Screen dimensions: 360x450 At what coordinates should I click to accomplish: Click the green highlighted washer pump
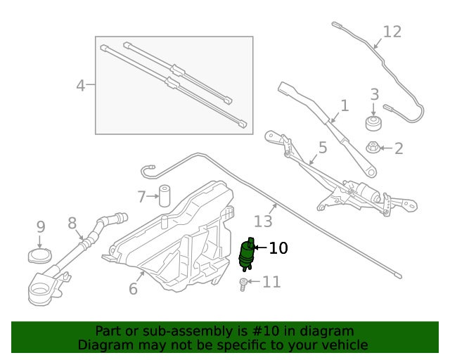[247, 255]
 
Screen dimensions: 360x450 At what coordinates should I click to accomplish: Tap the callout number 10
[278, 248]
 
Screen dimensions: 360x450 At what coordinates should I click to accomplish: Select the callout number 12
[392, 32]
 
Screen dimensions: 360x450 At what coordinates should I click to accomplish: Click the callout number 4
[80, 86]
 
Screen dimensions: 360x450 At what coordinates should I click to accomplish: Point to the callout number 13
[262, 221]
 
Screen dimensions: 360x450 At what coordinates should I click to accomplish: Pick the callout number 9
[41, 227]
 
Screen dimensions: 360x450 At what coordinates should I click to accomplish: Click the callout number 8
[72, 223]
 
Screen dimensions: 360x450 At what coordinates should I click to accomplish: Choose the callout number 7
[141, 196]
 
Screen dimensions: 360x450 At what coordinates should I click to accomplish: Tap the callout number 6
[133, 288]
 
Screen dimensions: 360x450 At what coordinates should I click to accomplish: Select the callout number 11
[271, 283]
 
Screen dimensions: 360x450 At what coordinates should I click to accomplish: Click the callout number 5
[322, 148]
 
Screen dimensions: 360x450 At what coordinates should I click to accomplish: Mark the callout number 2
[399, 148]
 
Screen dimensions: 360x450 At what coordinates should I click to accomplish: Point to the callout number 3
[374, 94]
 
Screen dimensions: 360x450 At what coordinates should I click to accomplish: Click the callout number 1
[344, 106]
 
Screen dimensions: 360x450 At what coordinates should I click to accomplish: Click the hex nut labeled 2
[373, 148]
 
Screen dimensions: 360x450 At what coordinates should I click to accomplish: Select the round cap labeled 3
[373, 124]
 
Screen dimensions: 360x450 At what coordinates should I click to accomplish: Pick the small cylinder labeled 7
[165, 195]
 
